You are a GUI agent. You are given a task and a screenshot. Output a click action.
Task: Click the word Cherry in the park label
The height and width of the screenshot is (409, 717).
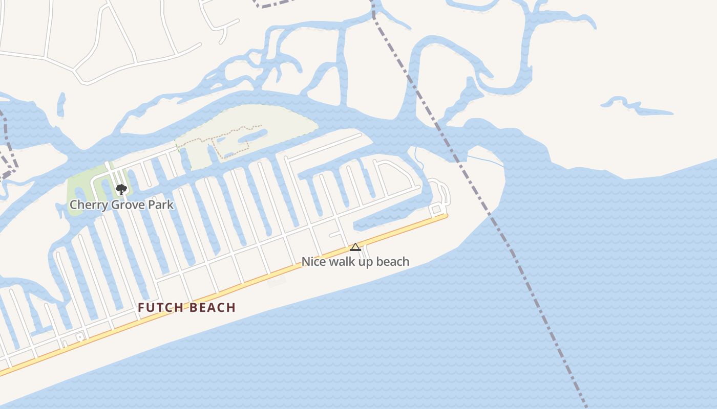pos(85,205)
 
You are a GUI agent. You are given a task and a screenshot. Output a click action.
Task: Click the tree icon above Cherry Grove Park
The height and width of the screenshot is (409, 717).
pos(121,190)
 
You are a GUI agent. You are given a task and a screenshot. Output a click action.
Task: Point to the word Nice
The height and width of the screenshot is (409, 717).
pos(312,262)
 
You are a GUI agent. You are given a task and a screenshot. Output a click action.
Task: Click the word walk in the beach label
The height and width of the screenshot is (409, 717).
pos(342,262)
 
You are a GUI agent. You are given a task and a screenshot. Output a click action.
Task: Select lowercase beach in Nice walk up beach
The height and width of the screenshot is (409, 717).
pos(393,262)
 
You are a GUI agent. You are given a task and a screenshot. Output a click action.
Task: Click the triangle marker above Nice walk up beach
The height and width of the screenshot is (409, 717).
pos(355,247)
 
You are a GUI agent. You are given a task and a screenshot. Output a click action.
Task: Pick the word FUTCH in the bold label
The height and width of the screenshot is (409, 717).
pos(161,308)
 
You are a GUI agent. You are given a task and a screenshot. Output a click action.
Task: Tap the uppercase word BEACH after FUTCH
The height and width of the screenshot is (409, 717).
pos(212,308)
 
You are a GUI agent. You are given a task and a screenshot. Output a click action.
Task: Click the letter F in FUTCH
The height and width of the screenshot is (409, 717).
pos(141,308)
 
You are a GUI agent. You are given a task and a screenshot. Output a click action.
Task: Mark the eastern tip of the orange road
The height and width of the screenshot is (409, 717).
pos(446,216)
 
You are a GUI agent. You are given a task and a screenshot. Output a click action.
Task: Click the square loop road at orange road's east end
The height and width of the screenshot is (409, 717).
pos(436,209)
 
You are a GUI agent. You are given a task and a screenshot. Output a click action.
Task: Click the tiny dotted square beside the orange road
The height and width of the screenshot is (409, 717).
pos(80,337)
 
